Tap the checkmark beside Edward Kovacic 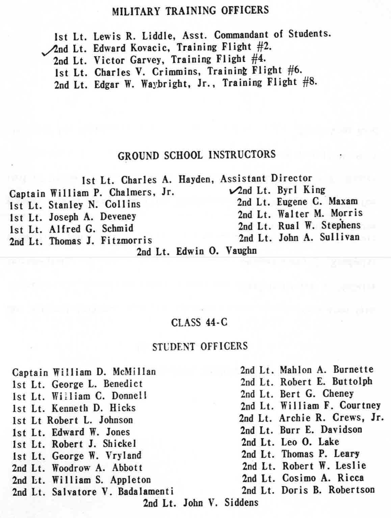tap(48, 51)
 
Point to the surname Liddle tap(158, 35)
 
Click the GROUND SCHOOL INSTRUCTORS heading tap(197, 155)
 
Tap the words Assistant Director tap(266, 178)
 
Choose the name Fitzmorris tap(126, 241)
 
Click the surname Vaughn tap(241, 251)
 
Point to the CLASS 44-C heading tap(199, 323)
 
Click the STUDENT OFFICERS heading tap(200, 346)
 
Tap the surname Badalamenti tap(146, 491)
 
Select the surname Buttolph tap(352, 381)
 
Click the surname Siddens tap(241, 503)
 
